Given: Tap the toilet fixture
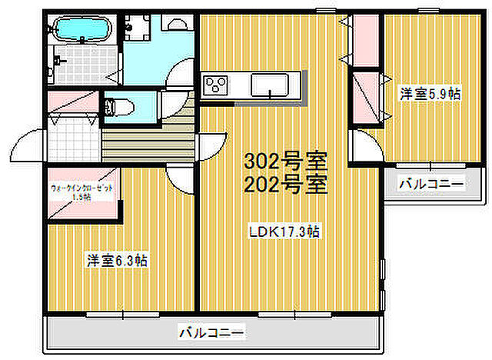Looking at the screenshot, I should [x=116, y=106].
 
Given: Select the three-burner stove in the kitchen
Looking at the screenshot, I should [x=215, y=83].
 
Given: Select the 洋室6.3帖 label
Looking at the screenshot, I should [x=116, y=261].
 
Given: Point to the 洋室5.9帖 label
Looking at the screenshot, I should [x=429, y=94].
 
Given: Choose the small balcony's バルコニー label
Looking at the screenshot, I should [x=430, y=185].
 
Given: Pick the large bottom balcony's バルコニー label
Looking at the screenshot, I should [x=213, y=333].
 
